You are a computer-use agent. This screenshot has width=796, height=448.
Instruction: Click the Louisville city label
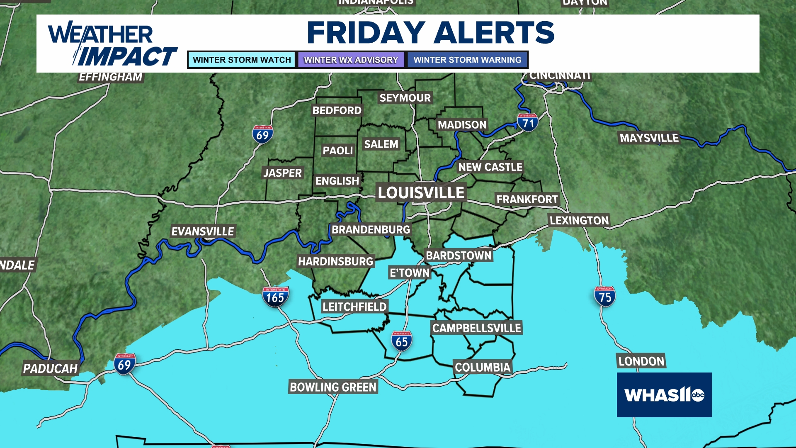point(421,192)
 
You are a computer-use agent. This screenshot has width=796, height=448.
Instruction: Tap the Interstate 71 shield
point(527,123)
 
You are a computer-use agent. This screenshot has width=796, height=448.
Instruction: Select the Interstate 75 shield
point(604,297)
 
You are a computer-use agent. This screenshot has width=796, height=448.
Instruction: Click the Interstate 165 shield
point(275,297)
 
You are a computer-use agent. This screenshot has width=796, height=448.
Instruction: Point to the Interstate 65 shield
point(401,341)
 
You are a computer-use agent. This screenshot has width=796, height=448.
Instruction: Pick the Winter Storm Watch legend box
point(242,60)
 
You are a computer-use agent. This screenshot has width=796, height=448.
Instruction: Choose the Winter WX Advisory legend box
point(351,60)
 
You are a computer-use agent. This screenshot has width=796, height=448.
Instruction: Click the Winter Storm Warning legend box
point(467,60)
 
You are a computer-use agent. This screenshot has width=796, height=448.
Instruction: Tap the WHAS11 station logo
point(664,394)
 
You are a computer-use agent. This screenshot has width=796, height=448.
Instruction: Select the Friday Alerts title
point(430,32)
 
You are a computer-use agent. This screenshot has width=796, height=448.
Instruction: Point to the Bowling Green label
point(333,387)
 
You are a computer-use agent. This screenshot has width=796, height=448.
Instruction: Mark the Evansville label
point(203,231)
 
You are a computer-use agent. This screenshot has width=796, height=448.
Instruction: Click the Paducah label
point(50,368)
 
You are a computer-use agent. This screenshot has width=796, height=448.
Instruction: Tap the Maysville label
point(649,138)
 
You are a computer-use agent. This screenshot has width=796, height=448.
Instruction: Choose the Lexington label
point(579,220)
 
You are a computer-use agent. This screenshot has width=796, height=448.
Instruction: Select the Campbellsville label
point(476,328)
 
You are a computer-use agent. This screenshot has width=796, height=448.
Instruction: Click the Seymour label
point(405,98)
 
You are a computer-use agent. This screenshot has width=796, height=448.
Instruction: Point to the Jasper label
point(282,173)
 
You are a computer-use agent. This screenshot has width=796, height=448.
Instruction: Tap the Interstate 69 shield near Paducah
point(124,364)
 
